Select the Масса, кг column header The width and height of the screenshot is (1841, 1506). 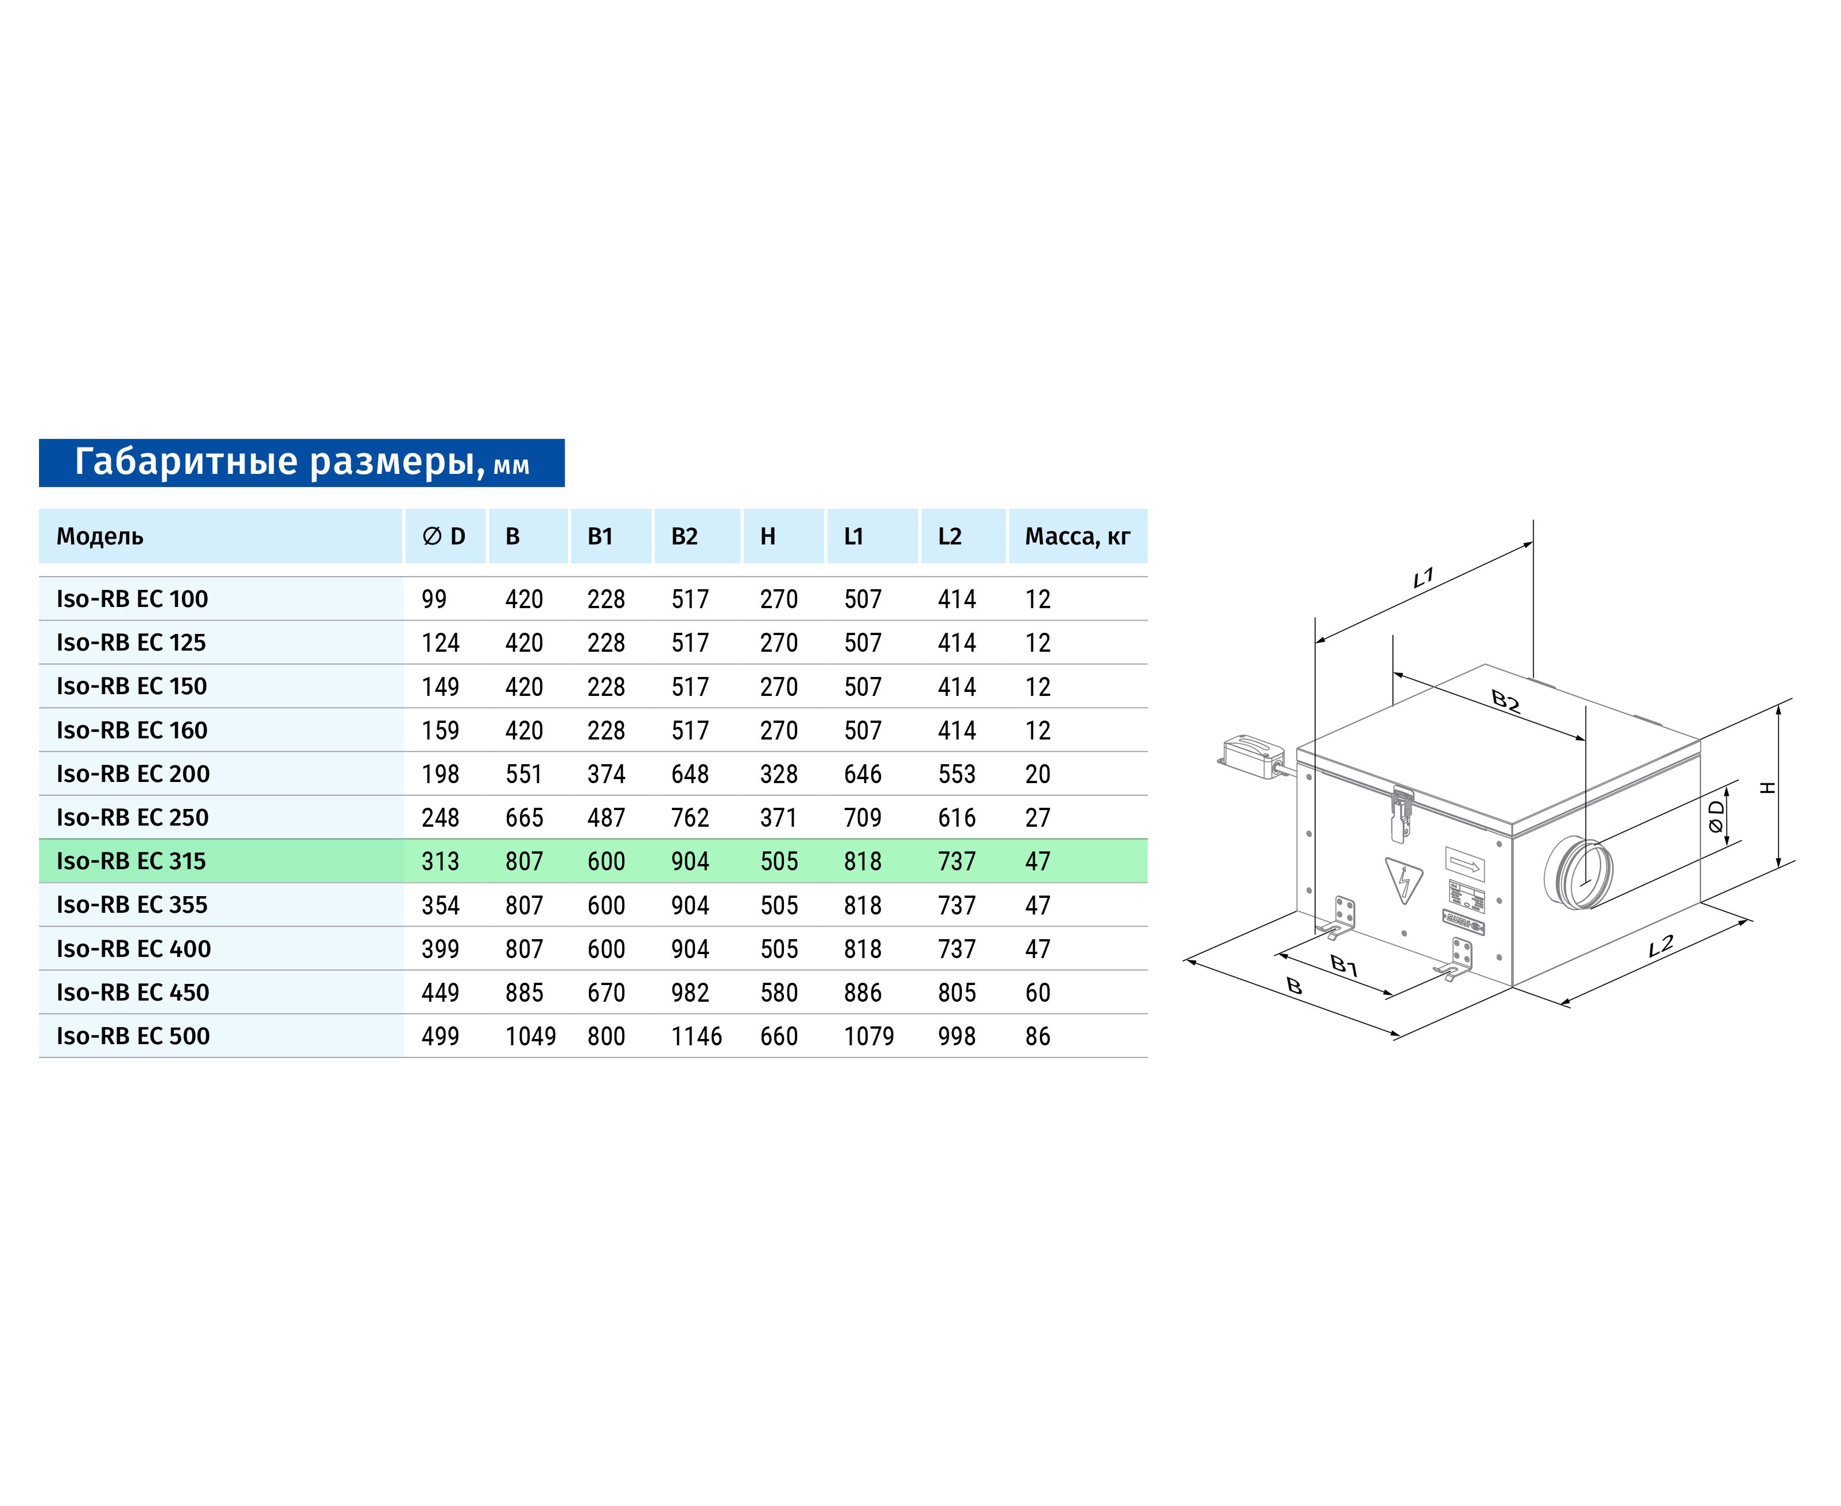point(1078,536)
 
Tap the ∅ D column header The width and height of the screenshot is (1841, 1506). point(444,536)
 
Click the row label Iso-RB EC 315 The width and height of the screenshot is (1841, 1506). point(131,862)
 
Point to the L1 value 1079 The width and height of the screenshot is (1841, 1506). point(868,1036)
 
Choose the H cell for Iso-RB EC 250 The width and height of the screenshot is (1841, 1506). point(778,817)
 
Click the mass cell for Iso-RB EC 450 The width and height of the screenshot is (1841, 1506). point(1038,993)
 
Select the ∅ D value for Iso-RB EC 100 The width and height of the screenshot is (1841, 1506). point(434,598)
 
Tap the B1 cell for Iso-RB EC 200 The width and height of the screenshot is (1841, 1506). point(605,774)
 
